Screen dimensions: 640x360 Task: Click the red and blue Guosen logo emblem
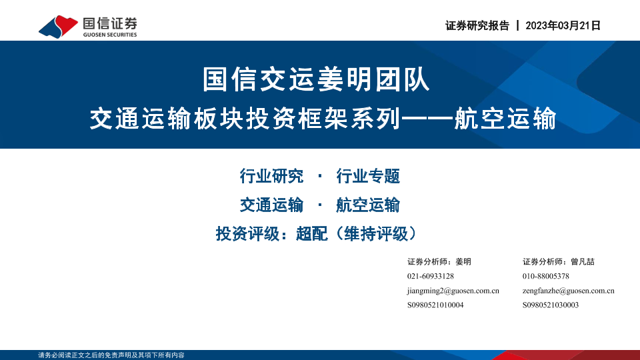tap(58, 27)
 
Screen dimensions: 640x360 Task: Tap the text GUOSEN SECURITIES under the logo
tap(110, 35)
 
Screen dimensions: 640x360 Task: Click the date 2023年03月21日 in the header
tap(563, 26)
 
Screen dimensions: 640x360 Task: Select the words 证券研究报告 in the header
tap(477, 26)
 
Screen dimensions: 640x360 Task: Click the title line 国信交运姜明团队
tap(316, 79)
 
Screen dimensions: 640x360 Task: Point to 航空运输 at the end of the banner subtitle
tap(505, 119)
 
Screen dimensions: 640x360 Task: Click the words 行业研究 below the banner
tap(271, 176)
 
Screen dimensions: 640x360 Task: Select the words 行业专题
tap(368, 176)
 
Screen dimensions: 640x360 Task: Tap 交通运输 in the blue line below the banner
tap(271, 205)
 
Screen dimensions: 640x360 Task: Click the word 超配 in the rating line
tap(311, 234)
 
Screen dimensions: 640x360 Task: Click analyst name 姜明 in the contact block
tap(463, 261)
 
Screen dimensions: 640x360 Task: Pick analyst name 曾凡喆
tap(583, 261)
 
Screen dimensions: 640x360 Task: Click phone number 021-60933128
tap(431, 276)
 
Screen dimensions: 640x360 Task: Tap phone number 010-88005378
tap(546, 276)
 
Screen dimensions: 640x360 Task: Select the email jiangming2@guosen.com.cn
tap(453, 291)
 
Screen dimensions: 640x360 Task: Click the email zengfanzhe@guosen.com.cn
tap(568, 291)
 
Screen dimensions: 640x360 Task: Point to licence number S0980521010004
tap(435, 305)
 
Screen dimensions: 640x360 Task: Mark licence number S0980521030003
tap(551, 305)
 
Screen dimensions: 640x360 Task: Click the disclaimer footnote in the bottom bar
tap(111, 355)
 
